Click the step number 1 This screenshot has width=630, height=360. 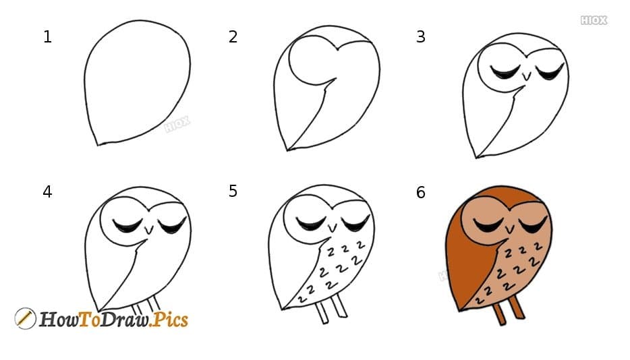(47, 37)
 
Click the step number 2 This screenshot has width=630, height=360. (233, 37)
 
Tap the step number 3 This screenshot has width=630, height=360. (421, 37)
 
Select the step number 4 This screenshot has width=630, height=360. (47, 192)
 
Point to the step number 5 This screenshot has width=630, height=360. (233, 191)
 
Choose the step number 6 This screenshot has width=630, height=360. (421, 193)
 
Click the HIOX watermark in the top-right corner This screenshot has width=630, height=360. (594, 20)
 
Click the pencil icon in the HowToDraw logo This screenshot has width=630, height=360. (25, 318)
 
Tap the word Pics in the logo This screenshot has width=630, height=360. (168, 319)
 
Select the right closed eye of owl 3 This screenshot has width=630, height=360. (550, 71)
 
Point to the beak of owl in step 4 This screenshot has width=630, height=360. (149, 230)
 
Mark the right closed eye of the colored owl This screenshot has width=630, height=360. (533, 225)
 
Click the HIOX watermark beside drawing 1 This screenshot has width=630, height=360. (177, 123)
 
